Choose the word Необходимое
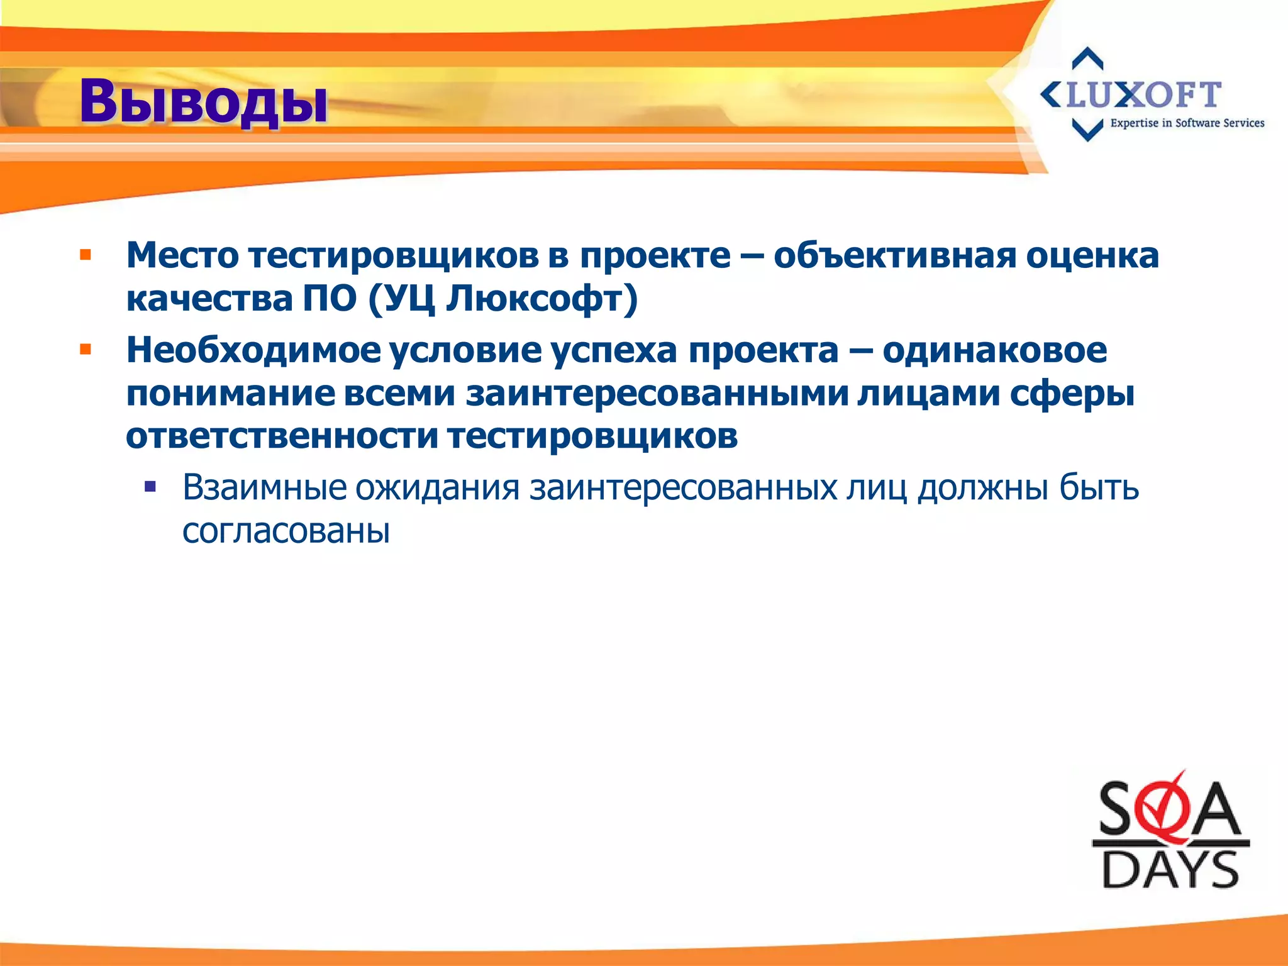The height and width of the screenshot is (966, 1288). pyautogui.click(x=253, y=350)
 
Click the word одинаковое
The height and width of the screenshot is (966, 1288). pyautogui.click(x=994, y=350)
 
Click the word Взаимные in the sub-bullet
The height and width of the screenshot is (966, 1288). pyautogui.click(x=264, y=487)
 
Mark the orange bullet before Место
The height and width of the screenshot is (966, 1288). pyautogui.click(x=86, y=255)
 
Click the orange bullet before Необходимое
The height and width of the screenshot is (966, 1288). pyautogui.click(x=86, y=349)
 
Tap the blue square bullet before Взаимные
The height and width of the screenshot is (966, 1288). pyautogui.click(x=150, y=487)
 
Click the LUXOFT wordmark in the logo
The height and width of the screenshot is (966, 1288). pyautogui.click(x=1143, y=96)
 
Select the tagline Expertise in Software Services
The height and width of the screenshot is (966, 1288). pyautogui.click(x=1187, y=123)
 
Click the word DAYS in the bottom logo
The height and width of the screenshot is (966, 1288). pyautogui.click(x=1170, y=870)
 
